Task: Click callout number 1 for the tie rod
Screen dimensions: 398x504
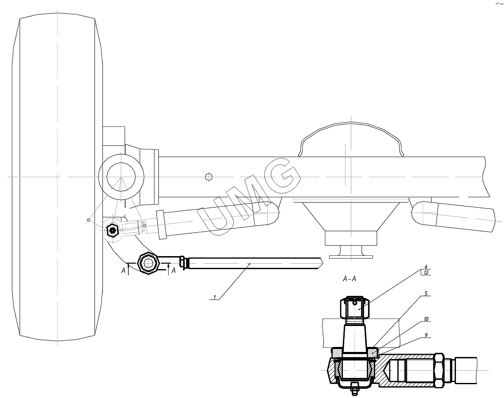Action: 215,297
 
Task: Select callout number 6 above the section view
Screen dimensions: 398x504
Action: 425,267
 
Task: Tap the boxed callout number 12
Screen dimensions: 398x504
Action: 425,273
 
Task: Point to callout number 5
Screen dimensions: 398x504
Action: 425,294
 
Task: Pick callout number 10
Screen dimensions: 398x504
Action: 425,319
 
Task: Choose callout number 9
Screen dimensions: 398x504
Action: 425,335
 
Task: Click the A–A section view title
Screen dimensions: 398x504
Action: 349,279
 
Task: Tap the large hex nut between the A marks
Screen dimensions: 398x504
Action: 148,263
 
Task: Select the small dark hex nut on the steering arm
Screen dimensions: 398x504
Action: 112,230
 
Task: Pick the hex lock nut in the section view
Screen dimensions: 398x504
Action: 438,368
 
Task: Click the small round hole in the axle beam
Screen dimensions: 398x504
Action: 209,177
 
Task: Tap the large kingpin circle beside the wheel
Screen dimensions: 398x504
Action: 121,177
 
